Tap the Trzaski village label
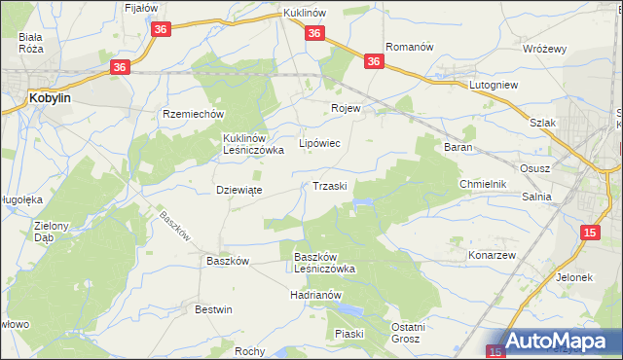pyautogui.click(x=332, y=186)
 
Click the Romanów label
pyautogui.click(x=408, y=46)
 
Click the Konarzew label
pyautogui.click(x=496, y=254)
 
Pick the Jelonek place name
pyautogui.click(x=573, y=277)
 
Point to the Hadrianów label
pyautogui.click(x=313, y=295)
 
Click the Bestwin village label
pyautogui.click(x=214, y=309)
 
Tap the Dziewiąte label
pyautogui.click(x=238, y=190)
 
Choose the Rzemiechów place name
pyautogui.click(x=193, y=113)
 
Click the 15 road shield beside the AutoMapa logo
pyautogui.click(x=495, y=350)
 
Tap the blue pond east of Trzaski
pyautogui.click(x=363, y=203)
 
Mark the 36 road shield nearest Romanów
pyautogui.click(x=375, y=61)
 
